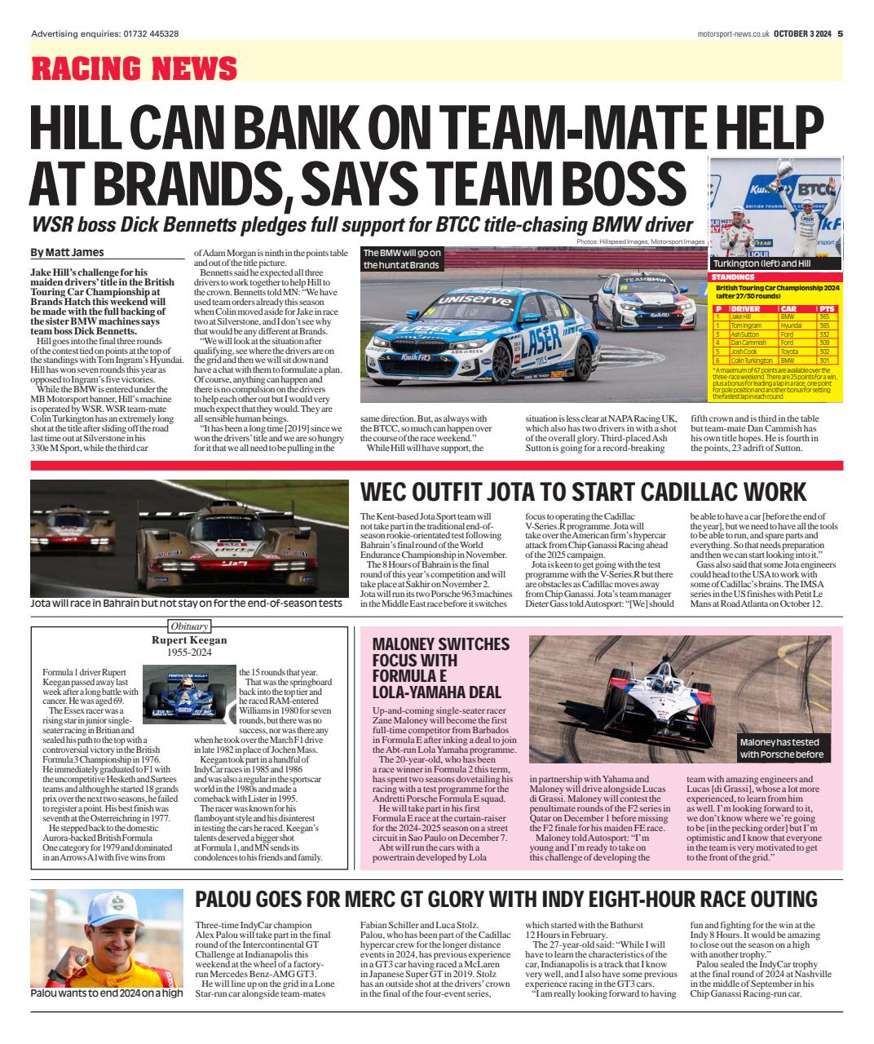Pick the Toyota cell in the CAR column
pyautogui.click(x=790, y=352)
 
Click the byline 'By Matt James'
pyautogui.click(x=67, y=253)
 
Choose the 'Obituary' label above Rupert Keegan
pyautogui.click(x=189, y=626)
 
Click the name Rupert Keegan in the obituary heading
pyautogui.click(x=189, y=641)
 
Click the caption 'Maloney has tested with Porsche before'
pyautogui.click(x=783, y=749)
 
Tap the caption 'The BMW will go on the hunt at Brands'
pyautogui.click(x=403, y=259)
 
